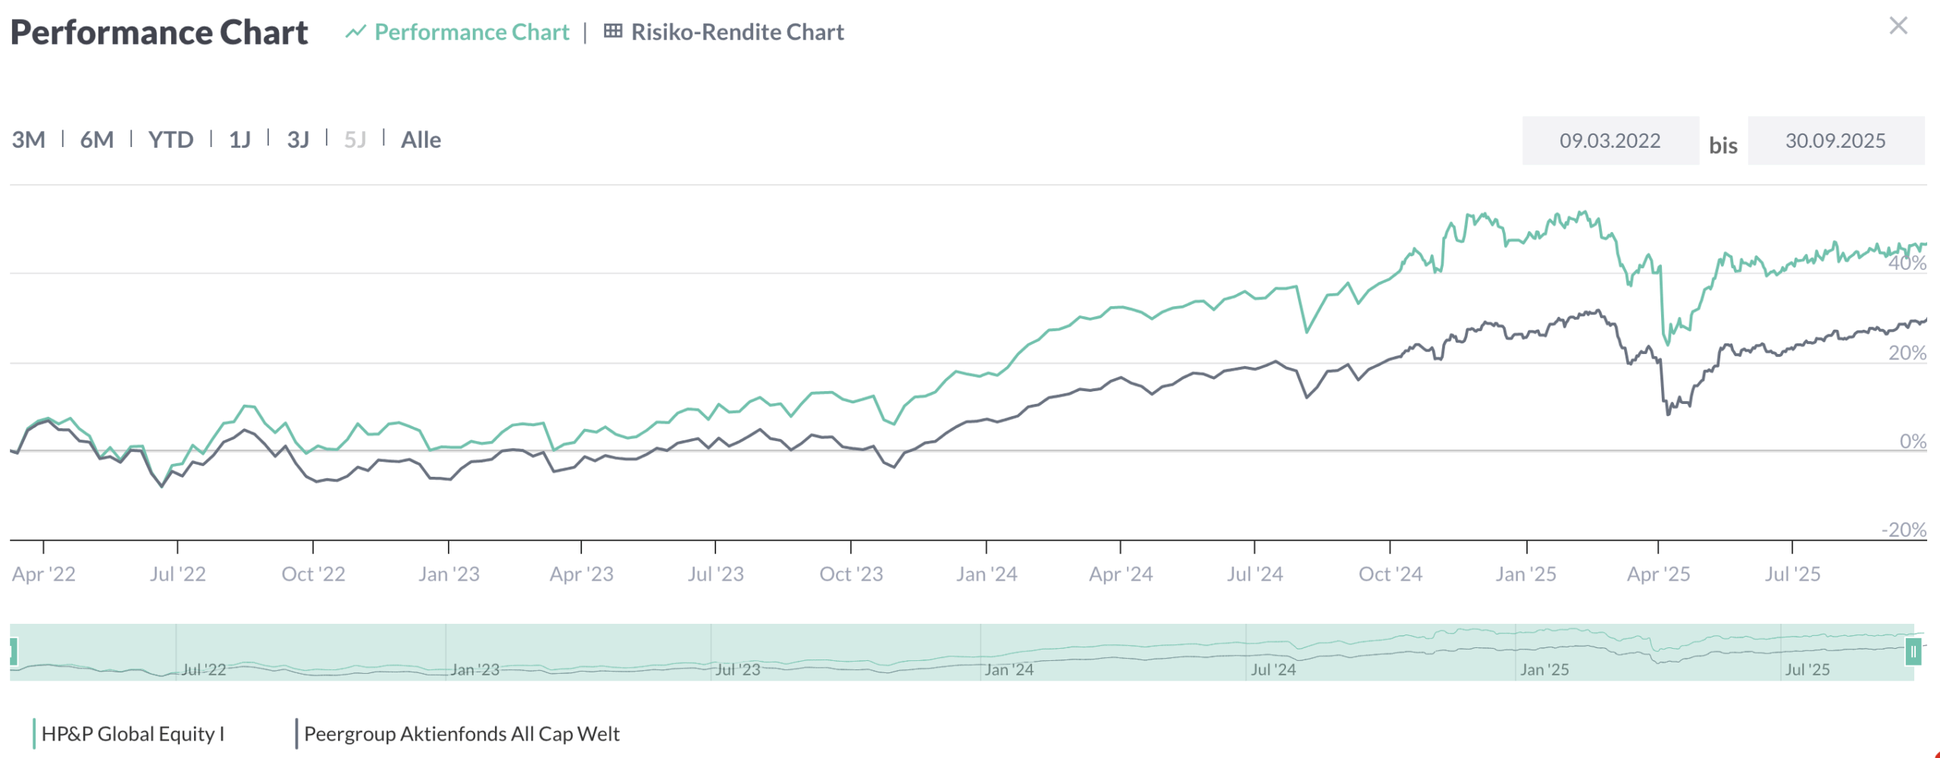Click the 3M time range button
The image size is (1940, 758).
(29, 140)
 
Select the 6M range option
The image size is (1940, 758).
(97, 140)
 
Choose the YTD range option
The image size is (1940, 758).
(171, 140)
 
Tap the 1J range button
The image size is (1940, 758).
(239, 140)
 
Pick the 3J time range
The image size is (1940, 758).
(298, 140)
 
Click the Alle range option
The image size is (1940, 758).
(421, 140)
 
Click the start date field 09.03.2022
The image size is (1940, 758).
(1610, 141)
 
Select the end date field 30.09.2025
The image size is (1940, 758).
(1835, 141)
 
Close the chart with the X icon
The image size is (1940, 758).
(1898, 26)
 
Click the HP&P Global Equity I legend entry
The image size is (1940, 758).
(133, 734)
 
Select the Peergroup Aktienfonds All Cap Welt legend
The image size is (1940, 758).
(462, 734)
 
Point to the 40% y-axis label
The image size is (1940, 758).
(1907, 263)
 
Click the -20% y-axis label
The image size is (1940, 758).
(1904, 530)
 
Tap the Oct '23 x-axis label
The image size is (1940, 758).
(851, 574)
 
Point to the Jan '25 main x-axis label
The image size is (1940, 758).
(1525, 574)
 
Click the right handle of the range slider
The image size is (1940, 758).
(1913, 652)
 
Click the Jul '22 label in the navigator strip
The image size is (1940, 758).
(203, 670)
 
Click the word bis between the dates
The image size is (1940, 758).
(1723, 146)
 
